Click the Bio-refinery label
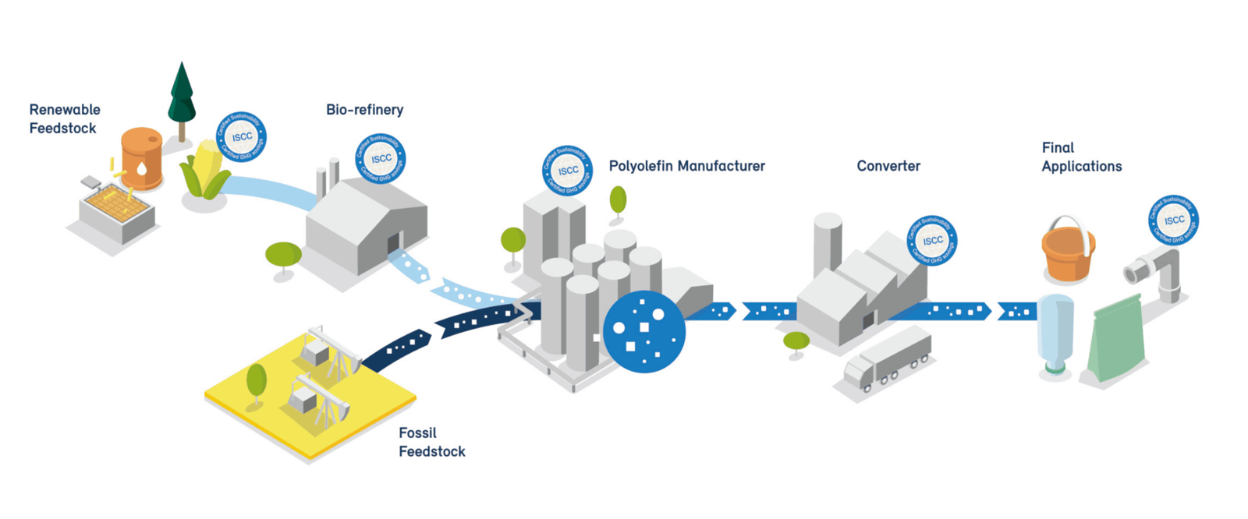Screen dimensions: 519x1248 (364, 110)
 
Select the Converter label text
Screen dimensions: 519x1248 (888, 166)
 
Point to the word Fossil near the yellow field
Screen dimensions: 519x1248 (417, 432)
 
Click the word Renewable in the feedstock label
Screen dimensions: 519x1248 (65, 110)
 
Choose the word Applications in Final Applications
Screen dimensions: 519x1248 (1081, 166)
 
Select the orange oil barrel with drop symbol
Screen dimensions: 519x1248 (141, 159)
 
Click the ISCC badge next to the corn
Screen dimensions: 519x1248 (241, 137)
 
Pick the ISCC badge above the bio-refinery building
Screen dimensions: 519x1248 (381, 158)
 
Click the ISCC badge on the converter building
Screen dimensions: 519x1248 (932, 240)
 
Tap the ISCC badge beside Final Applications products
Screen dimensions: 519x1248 (1173, 220)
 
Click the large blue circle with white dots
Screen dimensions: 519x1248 (644, 331)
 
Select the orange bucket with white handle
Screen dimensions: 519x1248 (1068, 251)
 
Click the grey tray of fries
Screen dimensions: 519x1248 (117, 210)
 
